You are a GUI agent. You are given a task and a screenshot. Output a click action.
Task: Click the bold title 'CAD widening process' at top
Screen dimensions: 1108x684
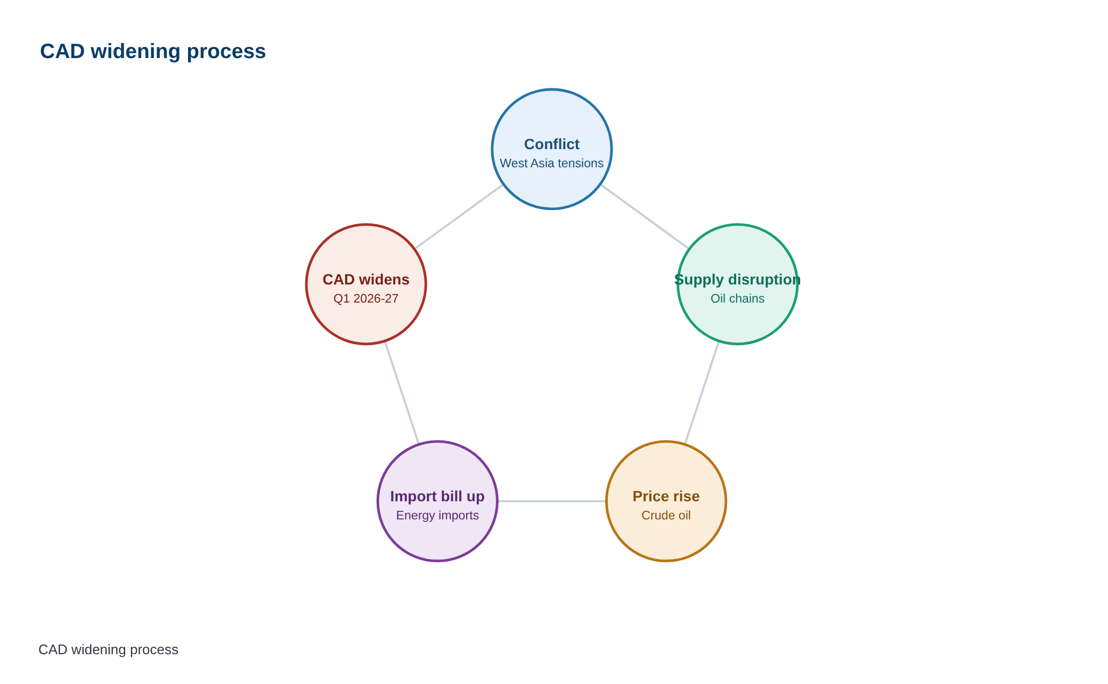point(153,52)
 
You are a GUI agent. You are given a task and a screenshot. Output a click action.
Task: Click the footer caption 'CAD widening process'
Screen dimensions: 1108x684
point(108,650)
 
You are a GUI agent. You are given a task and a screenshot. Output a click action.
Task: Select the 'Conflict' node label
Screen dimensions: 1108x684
point(552,144)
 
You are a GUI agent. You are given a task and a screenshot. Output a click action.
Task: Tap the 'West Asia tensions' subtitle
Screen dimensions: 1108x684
point(552,164)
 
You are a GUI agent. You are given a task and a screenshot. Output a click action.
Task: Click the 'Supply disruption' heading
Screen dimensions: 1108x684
point(738,280)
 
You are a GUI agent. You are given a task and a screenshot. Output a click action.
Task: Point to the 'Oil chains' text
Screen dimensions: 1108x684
point(738,298)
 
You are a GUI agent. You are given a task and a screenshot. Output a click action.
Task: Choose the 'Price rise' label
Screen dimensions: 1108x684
point(666,496)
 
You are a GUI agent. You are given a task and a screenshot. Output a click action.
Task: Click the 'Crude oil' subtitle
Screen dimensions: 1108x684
point(666,516)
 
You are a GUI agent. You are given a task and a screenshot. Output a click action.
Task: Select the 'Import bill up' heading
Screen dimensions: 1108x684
point(437,496)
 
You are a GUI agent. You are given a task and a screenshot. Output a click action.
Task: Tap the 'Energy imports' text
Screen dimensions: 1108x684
point(437,516)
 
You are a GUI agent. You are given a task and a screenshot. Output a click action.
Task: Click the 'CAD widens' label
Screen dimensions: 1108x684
point(366,280)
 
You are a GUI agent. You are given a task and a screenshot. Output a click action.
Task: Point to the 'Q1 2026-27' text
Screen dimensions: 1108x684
point(366,298)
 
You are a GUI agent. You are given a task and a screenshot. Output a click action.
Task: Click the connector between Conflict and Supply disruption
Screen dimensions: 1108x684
point(645,217)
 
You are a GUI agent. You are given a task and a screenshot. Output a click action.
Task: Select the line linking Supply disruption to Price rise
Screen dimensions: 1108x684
point(702,393)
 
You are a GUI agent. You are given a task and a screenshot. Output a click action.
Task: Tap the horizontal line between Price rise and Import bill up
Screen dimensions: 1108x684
point(552,501)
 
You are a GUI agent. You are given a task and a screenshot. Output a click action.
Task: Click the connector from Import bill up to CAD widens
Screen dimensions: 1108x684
point(402,393)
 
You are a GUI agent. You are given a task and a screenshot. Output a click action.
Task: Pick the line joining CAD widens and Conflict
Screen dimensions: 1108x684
point(459,217)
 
